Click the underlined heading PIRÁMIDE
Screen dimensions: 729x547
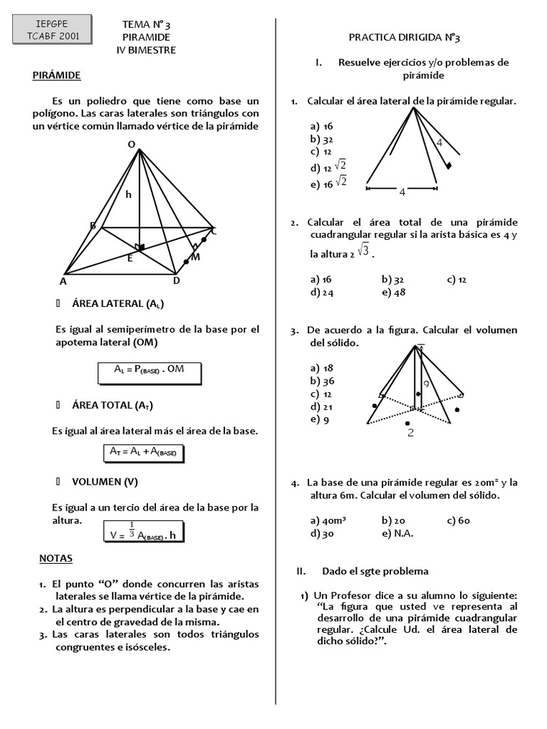[x=56, y=75]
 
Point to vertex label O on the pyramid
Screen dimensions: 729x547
[x=131, y=145]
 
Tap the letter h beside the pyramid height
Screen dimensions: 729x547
[x=129, y=194]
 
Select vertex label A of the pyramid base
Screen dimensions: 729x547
[x=63, y=281]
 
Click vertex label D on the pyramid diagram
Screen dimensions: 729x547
[x=177, y=280]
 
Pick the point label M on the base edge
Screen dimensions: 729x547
[x=195, y=257]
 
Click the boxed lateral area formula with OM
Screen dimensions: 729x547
[x=149, y=370]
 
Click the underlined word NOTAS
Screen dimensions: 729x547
[x=56, y=559]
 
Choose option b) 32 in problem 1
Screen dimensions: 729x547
[x=322, y=140]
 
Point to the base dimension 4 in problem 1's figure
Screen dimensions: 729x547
[x=402, y=192]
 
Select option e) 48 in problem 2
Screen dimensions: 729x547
[x=393, y=293]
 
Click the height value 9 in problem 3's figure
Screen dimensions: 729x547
[x=425, y=384]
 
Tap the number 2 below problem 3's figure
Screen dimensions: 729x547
[x=410, y=432]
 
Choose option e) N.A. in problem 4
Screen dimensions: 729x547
[x=397, y=533]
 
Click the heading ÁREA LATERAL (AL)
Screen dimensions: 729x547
[x=118, y=304]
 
